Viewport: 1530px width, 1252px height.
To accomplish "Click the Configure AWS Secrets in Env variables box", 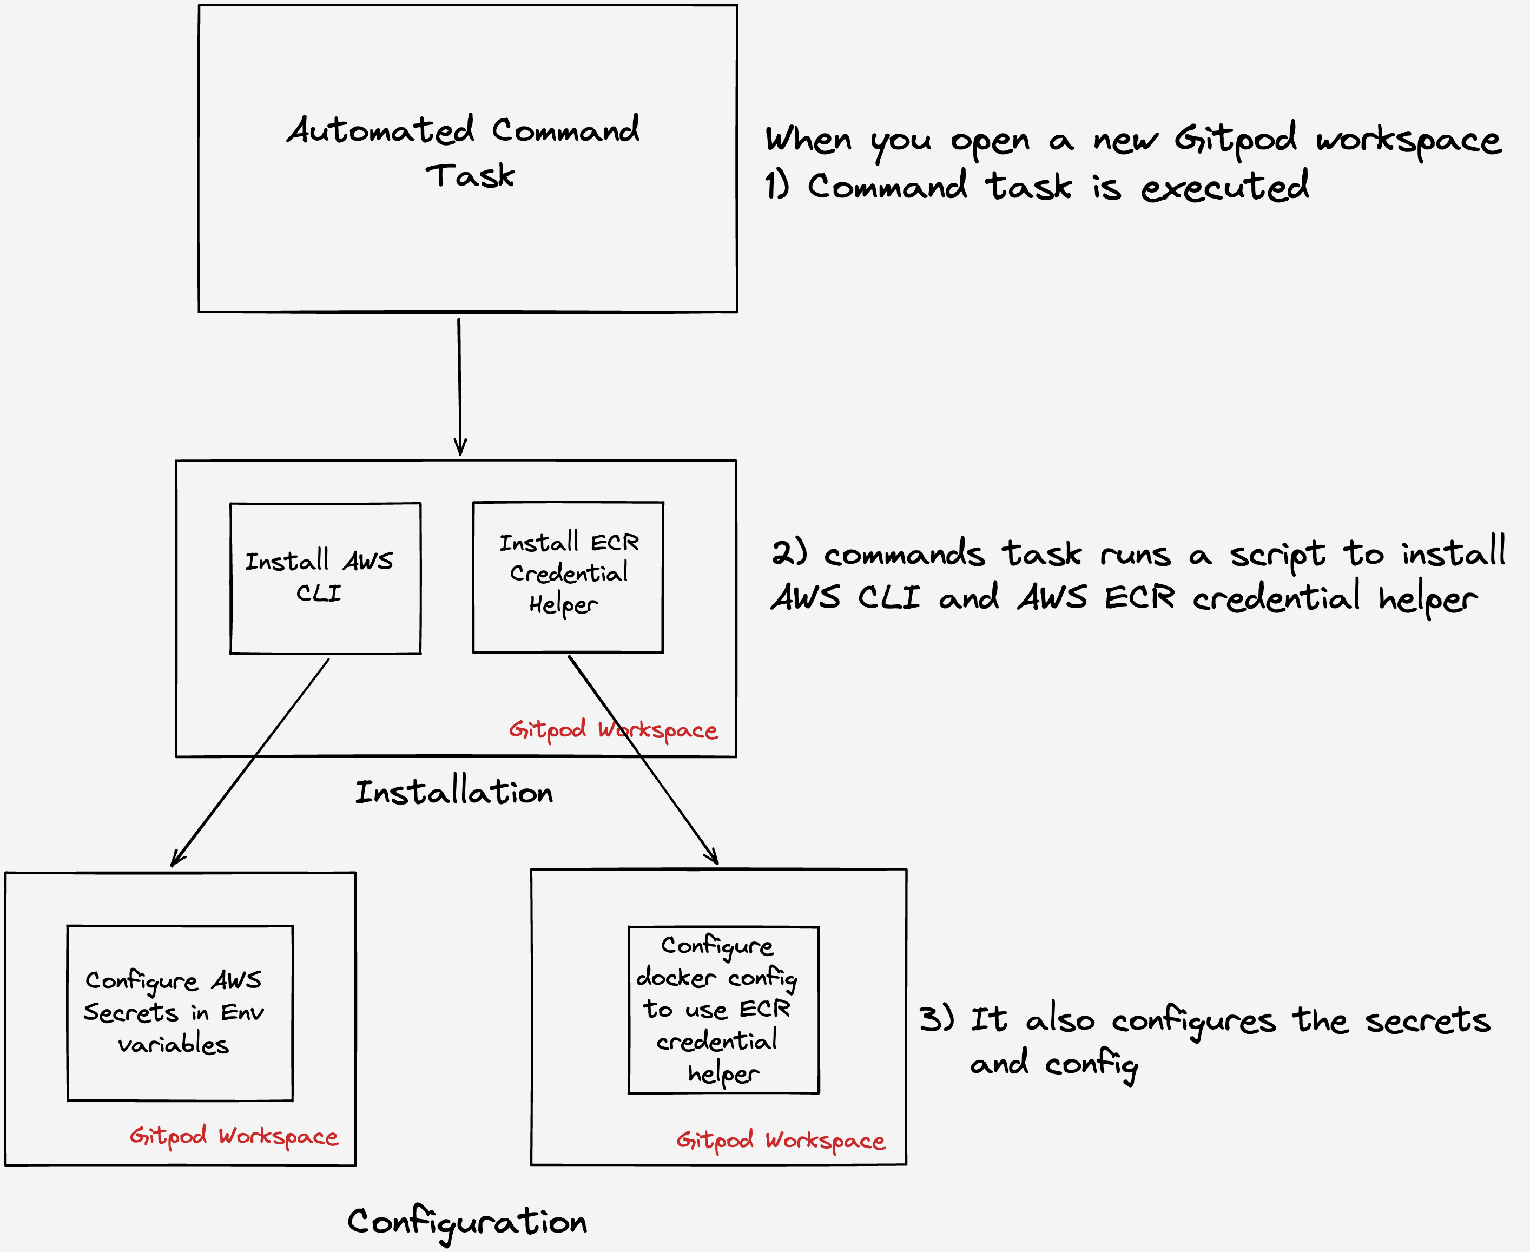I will coord(179,1012).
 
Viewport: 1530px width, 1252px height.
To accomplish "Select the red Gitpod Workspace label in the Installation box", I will coord(613,730).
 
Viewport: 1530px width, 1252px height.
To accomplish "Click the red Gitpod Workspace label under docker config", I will coord(780,1140).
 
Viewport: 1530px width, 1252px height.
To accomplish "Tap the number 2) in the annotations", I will coord(789,553).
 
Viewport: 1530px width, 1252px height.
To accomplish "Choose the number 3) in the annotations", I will coord(936,1019).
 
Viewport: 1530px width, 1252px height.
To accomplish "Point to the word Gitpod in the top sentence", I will coord(1235,139).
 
